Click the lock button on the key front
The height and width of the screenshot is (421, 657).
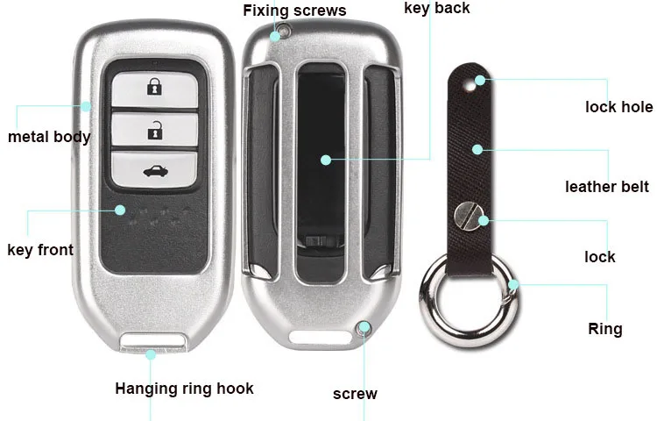pos(154,87)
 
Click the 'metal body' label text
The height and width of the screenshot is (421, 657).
pos(49,137)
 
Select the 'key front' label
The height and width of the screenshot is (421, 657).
pos(40,250)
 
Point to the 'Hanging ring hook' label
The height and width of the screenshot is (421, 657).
pos(184,389)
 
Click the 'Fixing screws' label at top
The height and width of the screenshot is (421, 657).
pos(294,11)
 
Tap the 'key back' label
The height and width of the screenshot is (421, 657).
pos(436,8)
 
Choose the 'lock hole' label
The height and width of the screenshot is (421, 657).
pos(618,107)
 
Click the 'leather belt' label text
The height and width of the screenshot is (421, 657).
pos(606,186)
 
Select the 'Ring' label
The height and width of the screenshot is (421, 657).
pos(604,329)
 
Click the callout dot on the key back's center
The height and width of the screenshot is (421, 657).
pos(325,161)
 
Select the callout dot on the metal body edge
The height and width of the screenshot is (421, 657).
pos(86,106)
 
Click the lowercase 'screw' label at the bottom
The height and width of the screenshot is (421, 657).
pos(355,394)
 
